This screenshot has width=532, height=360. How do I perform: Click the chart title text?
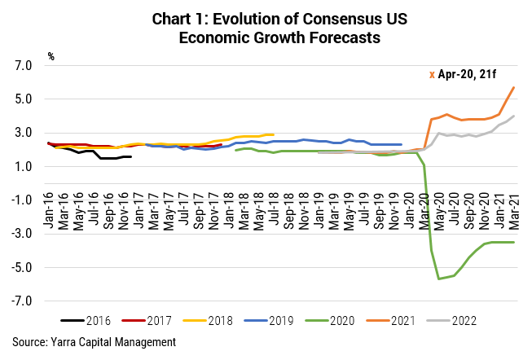[x=266, y=27]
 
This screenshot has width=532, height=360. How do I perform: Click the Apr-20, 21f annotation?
[x=465, y=75]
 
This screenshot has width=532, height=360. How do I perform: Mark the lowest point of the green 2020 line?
[x=439, y=279]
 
